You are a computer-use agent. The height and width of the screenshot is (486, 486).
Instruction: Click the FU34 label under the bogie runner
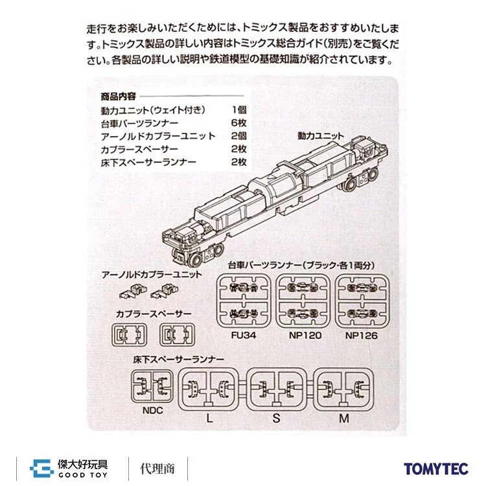click(x=244, y=336)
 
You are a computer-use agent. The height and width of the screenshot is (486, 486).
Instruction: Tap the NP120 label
click(x=305, y=336)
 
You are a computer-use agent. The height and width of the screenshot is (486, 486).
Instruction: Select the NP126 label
click(x=362, y=336)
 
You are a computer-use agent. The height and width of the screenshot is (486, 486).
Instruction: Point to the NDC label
click(x=152, y=411)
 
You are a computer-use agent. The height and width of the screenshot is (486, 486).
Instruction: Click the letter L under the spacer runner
click(x=209, y=419)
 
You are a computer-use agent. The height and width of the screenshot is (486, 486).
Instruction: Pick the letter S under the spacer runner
click(x=276, y=419)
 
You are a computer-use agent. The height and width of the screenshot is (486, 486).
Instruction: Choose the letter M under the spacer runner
click(x=344, y=419)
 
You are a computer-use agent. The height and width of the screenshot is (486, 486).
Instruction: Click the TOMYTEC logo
click(x=436, y=469)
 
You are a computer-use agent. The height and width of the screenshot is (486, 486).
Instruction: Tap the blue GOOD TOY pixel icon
click(x=41, y=469)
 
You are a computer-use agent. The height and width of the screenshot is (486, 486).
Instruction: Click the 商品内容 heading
click(x=118, y=97)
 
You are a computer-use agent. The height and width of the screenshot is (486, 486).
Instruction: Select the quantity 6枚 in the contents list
click(x=238, y=123)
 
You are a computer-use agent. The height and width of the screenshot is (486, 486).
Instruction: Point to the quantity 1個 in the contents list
click(x=239, y=110)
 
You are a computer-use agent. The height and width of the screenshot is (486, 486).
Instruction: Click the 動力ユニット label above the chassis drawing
click(x=321, y=136)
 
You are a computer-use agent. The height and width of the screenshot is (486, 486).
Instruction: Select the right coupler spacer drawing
click(x=178, y=335)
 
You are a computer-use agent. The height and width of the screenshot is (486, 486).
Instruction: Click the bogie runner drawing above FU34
click(x=244, y=301)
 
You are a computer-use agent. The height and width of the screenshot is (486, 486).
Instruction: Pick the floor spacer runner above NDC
click(x=152, y=386)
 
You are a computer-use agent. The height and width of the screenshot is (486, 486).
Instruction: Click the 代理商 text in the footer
click(x=157, y=469)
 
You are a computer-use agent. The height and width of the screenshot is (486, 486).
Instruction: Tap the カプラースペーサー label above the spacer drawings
click(x=154, y=314)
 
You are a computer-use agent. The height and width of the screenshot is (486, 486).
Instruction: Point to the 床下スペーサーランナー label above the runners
click(x=178, y=360)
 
